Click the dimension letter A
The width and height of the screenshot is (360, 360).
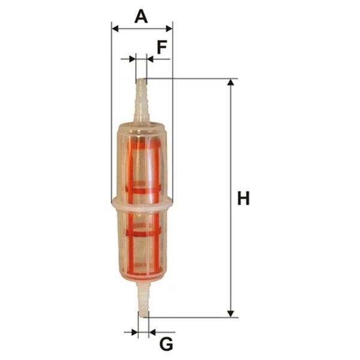click(x=141, y=17)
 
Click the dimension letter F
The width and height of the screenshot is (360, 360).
click(x=162, y=47)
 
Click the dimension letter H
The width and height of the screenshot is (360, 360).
click(x=243, y=198)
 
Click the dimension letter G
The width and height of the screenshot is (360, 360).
click(x=166, y=344)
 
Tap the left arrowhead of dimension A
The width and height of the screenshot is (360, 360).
click(x=115, y=29)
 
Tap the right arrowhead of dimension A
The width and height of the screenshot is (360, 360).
click(x=169, y=29)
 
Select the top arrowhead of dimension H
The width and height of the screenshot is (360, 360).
click(x=230, y=82)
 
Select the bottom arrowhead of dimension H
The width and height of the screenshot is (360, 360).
click(x=230, y=314)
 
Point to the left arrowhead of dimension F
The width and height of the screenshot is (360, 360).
click(x=133, y=59)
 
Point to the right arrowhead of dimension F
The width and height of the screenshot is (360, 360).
click(x=149, y=59)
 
